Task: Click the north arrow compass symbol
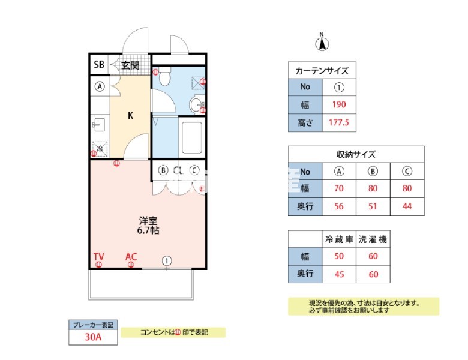pyautogui.click(x=322, y=43)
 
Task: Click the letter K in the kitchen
pyautogui.click(x=130, y=116)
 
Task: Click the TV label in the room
pyautogui.click(x=99, y=257)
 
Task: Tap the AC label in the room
pyautogui.click(x=131, y=257)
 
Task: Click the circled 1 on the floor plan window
pyautogui.click(x=167, y=260)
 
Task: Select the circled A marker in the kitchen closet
pyautogui.click(x=100, y=86)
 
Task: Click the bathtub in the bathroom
pyautogui.click(x=192, y=139)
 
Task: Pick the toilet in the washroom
pyautogui.click(x=166, y=76)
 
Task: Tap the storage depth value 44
pyautogui.click(x=407, y=206)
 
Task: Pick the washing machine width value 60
pyautogui.click(x=372, y=257)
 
